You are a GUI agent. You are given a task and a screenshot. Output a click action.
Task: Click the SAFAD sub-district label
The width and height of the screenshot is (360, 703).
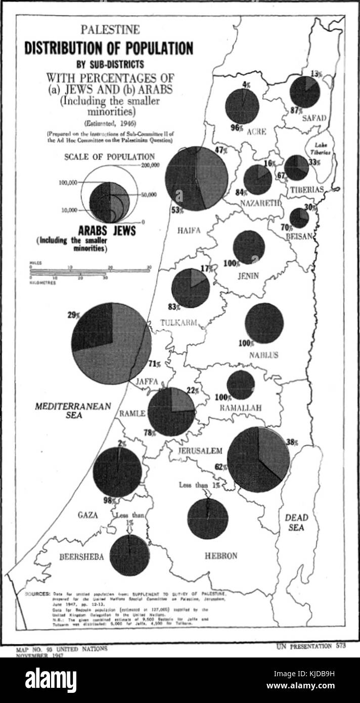(x=314, y=118)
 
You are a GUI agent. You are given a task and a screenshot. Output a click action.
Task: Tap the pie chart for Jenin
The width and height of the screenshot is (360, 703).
(x=249, y=247)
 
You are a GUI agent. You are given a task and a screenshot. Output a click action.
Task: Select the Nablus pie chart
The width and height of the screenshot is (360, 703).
(x=264, y=323)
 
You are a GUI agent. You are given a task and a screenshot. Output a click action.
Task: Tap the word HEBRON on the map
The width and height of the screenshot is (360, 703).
(x=221, y=556)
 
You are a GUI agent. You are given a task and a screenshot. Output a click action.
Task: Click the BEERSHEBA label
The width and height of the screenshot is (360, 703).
(x=82, y=557)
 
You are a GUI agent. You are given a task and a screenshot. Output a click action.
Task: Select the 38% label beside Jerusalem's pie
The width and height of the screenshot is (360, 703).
(x=292, y=442)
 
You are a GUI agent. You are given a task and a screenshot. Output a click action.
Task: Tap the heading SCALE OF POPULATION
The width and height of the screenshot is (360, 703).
(x=109, y=157)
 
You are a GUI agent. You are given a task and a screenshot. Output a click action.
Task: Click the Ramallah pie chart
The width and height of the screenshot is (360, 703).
(x=241, y=385)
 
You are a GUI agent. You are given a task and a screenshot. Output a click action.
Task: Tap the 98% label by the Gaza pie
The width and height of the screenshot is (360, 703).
(x=107, y=501)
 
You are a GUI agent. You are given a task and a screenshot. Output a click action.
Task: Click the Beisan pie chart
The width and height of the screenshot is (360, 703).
(x=299, y=218)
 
